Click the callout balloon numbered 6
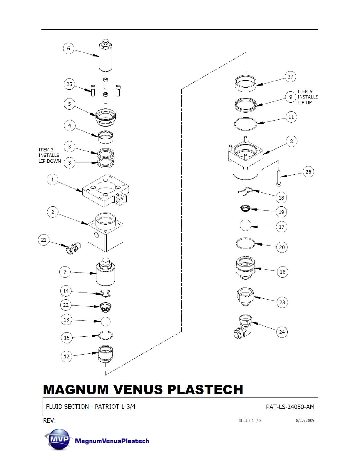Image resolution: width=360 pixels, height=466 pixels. [x=68, y=49]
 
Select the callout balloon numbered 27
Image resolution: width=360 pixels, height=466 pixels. [x=290, y=77]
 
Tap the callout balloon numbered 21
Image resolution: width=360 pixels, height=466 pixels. [x=44, y=240]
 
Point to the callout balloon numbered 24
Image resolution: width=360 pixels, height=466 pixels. [x=282, y=332]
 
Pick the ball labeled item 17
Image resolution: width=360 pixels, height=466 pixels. [x=246, y=226]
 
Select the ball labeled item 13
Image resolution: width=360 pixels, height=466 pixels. [x=106, y=322]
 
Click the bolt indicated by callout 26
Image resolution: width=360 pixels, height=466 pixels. [x=279, y=178]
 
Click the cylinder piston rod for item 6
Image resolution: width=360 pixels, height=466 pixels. [x=106, y=56]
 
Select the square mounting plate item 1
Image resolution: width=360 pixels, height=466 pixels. [x=106, y=190]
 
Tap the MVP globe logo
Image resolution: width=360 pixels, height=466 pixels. [x=57, y=439]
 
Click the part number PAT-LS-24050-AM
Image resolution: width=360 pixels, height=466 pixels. [x=290, y=407]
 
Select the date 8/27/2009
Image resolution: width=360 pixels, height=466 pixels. [x=305, y=420]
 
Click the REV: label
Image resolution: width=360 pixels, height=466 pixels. [x=49, y=421]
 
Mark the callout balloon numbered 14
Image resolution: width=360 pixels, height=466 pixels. [x=66, y=291]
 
